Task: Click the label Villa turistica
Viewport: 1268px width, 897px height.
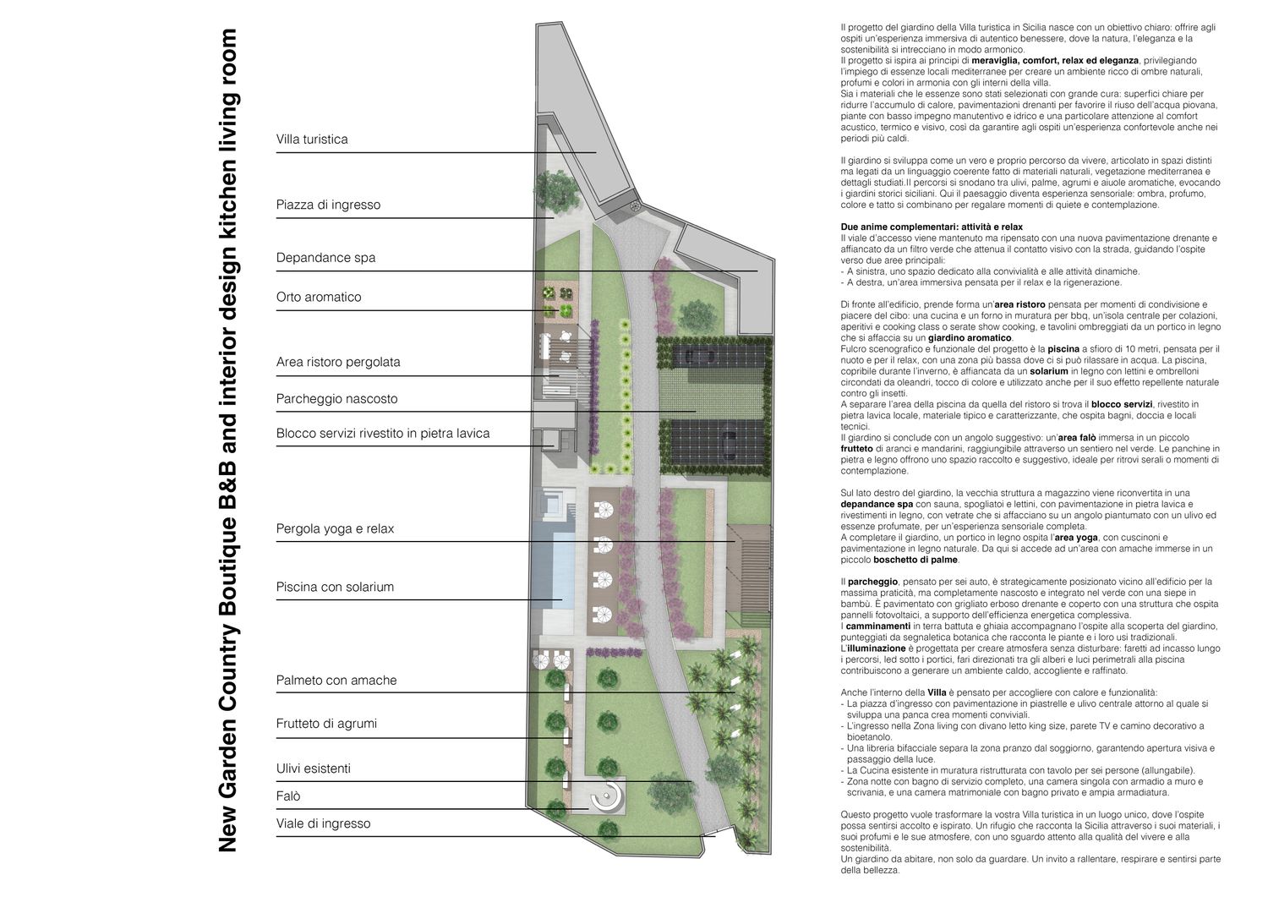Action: coord(312,139)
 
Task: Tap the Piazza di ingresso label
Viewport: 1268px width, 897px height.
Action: coord(328,205)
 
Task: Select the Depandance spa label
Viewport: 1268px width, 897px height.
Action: coord(325,258)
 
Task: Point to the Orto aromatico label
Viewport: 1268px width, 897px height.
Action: coord(319,297)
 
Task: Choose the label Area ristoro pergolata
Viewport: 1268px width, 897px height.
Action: coord(338,362)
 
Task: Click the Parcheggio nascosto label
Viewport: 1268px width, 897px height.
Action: coord(336,399)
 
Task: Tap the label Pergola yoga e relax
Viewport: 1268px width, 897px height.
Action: coord(335,529)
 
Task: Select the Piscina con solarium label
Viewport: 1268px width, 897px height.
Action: coord(335,587)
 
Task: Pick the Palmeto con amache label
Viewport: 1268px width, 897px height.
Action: coord(336,680)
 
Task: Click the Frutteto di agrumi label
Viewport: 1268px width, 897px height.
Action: coord(326,724)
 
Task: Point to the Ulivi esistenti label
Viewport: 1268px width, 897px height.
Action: coord(313,768)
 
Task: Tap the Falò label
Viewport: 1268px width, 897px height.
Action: coord(288,796)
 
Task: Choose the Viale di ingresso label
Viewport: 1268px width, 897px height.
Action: coord(323,823)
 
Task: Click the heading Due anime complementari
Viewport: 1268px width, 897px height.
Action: coord(932,227)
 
